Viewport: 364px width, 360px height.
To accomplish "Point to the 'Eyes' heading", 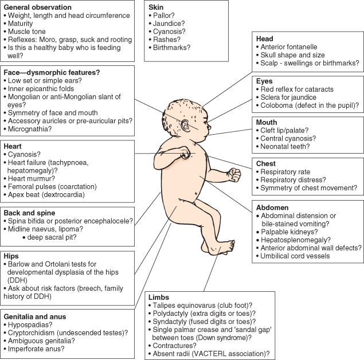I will (265, 81).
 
